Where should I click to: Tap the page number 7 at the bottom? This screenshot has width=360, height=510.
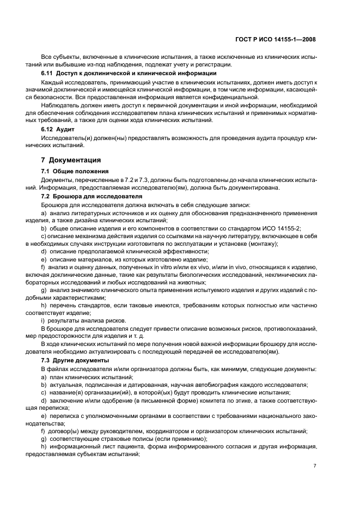pyautogui.click(x=314, y=466)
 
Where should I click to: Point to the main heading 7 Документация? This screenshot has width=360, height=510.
pyautogui.click(x=71, y=160)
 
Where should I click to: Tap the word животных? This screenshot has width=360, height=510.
pyautogui.click(x=190, y=282)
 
